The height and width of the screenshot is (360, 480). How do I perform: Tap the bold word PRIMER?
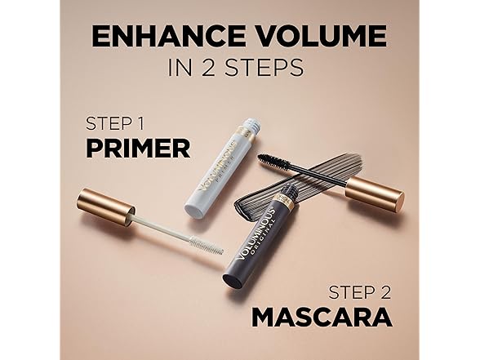coord(137,149)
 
